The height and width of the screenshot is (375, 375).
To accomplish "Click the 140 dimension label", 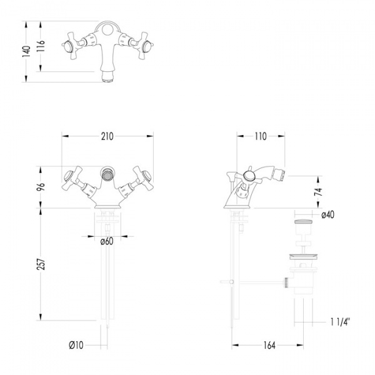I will pos(26,51).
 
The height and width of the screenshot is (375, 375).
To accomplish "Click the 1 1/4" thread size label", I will pos(340,322).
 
